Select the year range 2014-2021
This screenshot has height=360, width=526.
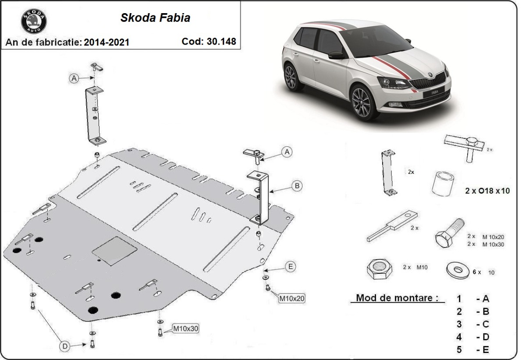click(x=107, y=42)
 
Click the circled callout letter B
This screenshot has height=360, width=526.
click(x=297, y=186)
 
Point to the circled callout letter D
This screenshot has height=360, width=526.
click(x=65, y=346)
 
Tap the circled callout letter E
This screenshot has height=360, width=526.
click(x=290, y=266)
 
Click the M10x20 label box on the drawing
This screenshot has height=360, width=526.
click(x=291, y=299)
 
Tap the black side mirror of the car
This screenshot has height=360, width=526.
click(x=337, y=55)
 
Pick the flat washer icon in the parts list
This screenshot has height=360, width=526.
click(x=457, y=269)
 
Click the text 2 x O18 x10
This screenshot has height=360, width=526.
click(x=487, y=191)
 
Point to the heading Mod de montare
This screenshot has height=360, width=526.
click(x=397, y=298)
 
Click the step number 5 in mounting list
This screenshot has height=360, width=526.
click(x=459, y=349)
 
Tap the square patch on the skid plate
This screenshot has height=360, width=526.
click(x=114, y=251)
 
